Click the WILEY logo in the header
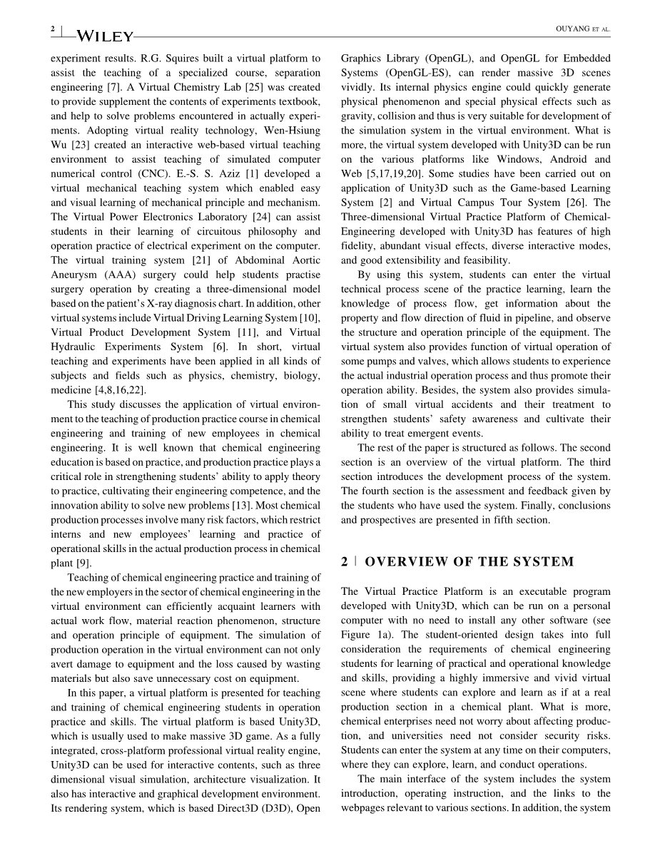104,36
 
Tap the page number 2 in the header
53,29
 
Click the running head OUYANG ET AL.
582,29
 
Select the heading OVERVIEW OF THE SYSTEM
469,562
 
